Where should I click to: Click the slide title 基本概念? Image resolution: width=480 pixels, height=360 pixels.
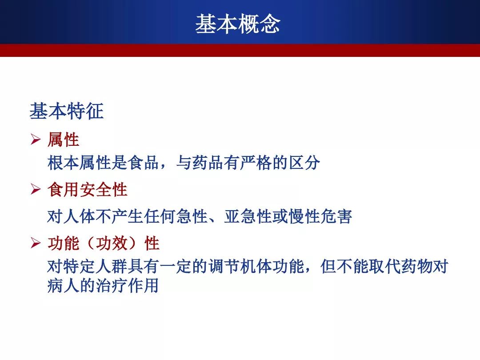[x=238, y=24]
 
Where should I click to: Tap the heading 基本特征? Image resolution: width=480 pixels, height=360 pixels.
[x=67, y=111]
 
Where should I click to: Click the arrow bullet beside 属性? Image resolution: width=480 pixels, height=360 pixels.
[x=36, y=139]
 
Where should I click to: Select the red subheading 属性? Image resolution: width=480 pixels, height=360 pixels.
[x=64, y=140]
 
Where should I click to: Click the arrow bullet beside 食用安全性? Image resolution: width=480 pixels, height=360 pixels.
[x=36, y=189]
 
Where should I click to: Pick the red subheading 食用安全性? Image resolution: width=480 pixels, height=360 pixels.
[x=88, y=189]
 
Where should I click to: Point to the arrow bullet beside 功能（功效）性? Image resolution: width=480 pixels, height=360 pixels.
[x=36, y=243]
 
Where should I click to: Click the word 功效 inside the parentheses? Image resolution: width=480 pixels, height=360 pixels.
[x=112, y=244]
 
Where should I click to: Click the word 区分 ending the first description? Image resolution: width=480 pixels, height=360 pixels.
[x=304, y=163]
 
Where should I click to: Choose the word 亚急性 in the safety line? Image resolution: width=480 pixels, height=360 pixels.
[x=248, y=216]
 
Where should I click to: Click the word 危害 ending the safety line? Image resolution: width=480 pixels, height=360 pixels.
[x=336, y=216]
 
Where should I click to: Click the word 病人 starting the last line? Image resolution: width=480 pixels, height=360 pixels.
[x=64, y=286]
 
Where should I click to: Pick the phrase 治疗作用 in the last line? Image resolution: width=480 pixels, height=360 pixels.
[x=128, y=286]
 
